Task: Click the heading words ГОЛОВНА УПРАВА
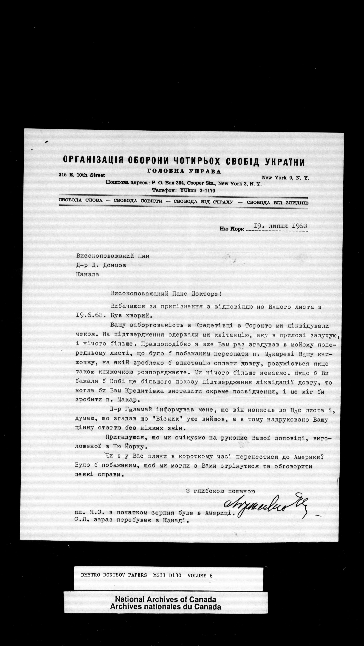pyautogui.click(x=184, y=172)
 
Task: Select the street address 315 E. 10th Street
pyautogui.click(x=82, y=175)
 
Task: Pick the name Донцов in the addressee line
pyautogui.click(x=115, y=265)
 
